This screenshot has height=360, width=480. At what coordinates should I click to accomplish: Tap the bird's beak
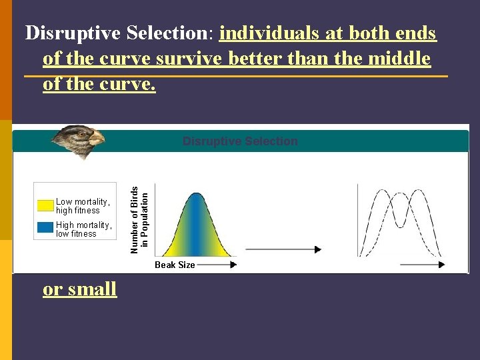(x=97, y=139)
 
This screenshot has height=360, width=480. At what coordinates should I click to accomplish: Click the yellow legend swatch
(x=45, y=205)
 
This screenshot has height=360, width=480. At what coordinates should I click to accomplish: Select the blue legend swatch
(x=45, y=228)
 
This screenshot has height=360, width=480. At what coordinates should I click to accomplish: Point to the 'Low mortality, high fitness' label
(x=83, y=206)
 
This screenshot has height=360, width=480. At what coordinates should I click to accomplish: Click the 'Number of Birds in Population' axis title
(x=139, y=219)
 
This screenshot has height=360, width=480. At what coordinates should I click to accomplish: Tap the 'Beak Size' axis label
(x=175, y=265)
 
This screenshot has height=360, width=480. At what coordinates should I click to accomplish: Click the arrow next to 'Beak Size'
(x=217, y=265)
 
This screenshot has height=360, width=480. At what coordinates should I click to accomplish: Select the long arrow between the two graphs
(x=283, y=249)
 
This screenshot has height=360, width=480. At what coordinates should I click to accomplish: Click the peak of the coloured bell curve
(x=195, y=195)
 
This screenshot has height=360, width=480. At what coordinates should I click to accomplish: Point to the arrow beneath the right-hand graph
(x=422, y=265)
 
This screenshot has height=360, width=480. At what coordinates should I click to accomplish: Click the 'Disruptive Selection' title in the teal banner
(x=240, y=141)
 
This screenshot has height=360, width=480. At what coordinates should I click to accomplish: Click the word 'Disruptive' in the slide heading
(x=70, y=33)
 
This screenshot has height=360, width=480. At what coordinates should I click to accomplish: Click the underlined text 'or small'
(x=80, y=289)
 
